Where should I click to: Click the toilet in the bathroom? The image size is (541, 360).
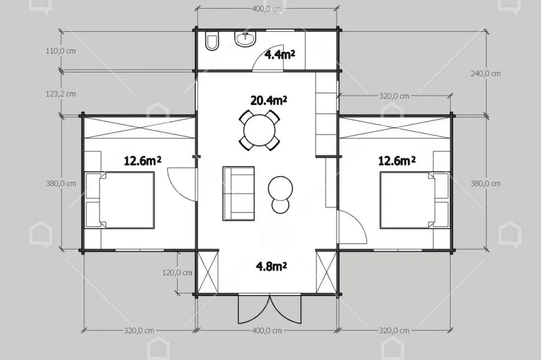[x=211, y=41]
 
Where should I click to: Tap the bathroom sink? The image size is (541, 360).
[x=245, y=38]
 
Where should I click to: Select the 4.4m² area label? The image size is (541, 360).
[x=280, y=54]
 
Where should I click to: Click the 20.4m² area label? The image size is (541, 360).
[x=269, y=100]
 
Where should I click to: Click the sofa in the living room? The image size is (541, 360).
[x=238, y=193]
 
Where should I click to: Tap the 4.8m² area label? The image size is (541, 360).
[x=272, y=266]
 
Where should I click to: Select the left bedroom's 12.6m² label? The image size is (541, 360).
[x=142, y=160]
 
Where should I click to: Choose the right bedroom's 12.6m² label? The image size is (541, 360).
[x=397, y=160]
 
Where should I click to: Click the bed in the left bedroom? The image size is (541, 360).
[x=120, y=200]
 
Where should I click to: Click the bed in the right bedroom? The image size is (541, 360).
[x=415, y=200]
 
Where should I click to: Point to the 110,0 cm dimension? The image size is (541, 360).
[x=60, y=51]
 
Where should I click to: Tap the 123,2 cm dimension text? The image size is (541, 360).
[x=60, y=94]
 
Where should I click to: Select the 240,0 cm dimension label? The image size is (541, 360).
[x=485, y=73]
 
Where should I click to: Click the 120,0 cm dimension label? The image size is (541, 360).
[x=177, y=273]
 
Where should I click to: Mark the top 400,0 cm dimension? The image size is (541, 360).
[x=266, y=9]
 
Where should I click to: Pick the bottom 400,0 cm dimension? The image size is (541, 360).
[x=266, y=331]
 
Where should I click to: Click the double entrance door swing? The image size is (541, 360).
[x=269, y=309]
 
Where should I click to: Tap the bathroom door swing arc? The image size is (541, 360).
[x=262, y=55]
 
